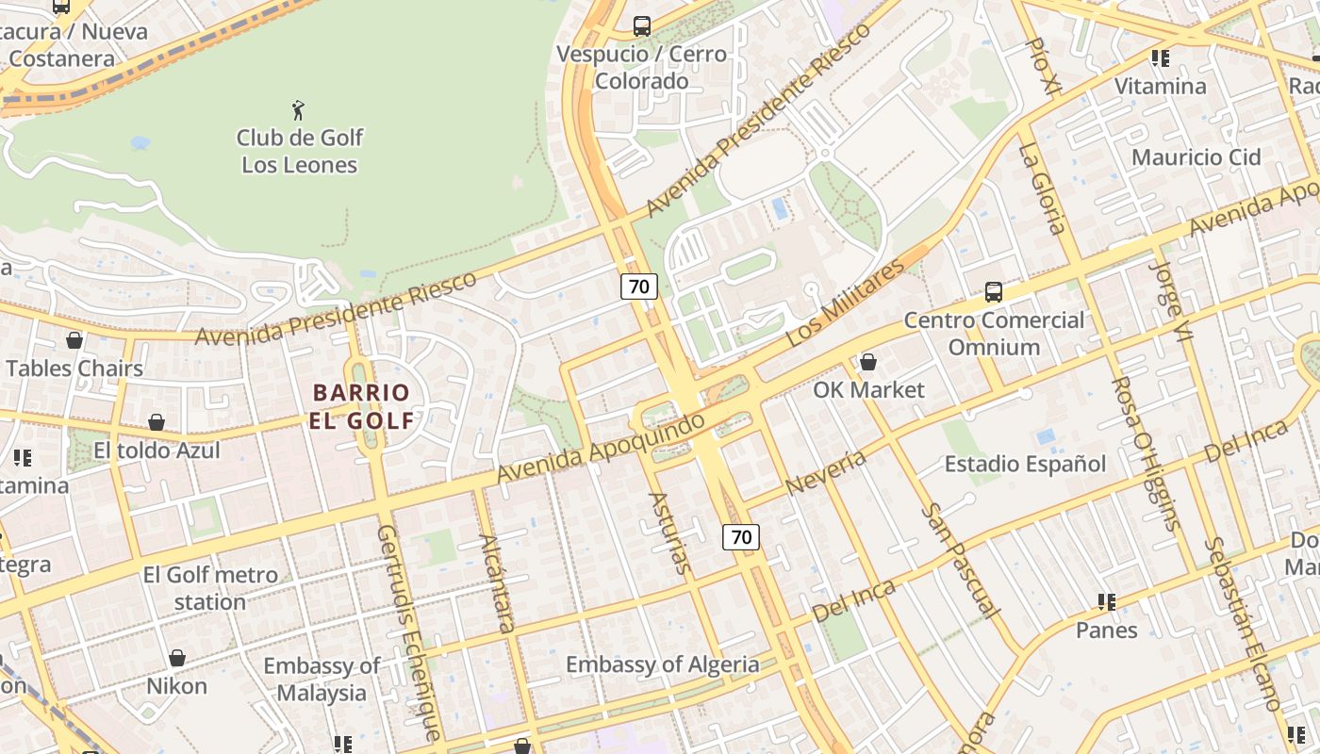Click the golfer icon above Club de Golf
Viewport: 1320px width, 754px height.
point(299,110)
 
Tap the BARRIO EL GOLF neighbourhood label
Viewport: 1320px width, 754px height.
point(361,406)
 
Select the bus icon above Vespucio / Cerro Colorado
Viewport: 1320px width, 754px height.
point(642,26)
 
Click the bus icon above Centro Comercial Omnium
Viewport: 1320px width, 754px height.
point(994,292)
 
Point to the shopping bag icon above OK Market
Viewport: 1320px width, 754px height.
point(868,362)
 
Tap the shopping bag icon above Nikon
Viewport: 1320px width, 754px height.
point(176,658)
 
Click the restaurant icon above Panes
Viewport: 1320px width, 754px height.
point(1107,601)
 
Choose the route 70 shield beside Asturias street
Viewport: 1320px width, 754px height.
point(741,537)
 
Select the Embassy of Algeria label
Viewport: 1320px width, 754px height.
point(662,664)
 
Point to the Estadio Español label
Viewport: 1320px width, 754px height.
point(1025,464)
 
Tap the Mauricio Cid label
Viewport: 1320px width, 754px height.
point(1196,157)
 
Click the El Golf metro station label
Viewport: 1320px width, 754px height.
point(210,588)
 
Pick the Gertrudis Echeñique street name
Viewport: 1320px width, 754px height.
point(408,631)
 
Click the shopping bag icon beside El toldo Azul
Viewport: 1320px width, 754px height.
point(157,422)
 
